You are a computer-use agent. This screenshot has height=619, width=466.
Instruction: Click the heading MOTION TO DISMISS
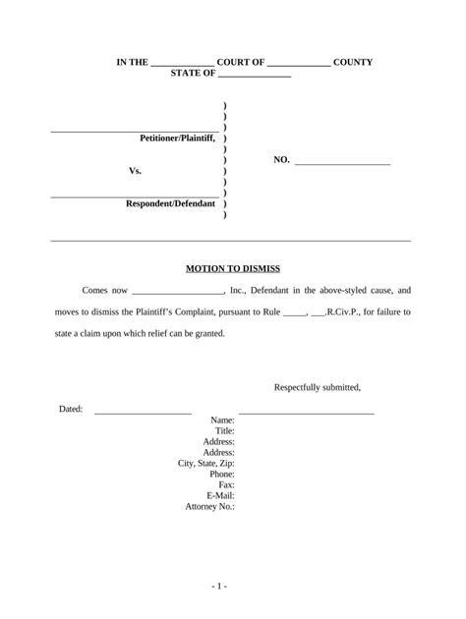click(233, 267)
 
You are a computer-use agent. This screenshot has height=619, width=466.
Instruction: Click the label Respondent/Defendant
click(170, 203)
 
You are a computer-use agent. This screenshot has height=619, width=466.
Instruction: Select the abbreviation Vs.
click(136, 171)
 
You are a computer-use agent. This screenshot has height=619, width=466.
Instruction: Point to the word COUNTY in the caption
click(353, 62)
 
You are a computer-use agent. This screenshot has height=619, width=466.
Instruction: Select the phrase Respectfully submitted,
click(318, 386)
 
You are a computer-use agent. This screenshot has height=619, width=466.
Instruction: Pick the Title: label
click(224, 430)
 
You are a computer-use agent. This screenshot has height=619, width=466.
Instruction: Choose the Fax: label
click(225, 484)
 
